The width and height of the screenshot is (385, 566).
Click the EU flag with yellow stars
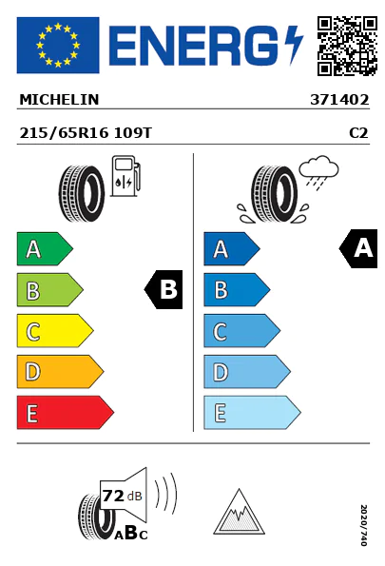(x=58, y=45)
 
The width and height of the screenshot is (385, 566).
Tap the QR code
(x=347, y=46)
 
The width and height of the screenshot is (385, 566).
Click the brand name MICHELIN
(x=59, y=100)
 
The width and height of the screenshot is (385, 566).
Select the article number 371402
(x=339, y=100)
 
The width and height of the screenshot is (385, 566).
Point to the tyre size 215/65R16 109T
(x=86, y=133)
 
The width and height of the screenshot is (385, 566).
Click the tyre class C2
(x=358, y=133)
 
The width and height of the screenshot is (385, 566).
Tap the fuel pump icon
(x=125, y=176)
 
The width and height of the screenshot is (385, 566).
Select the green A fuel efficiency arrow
(x=45, y=248)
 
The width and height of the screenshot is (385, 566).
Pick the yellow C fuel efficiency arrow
(x=55, y=331)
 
